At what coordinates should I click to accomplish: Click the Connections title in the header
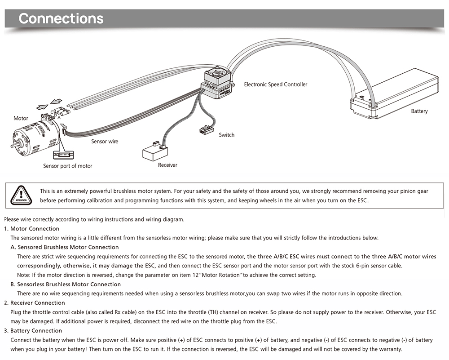coord(61,18)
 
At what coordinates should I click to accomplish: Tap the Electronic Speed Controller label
coord(275,84)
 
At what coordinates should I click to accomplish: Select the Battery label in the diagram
coord(419,111)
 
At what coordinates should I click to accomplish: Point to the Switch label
coord(226,135)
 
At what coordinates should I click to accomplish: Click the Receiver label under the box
coord(167,165)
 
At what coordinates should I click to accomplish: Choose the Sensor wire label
coord(105,142)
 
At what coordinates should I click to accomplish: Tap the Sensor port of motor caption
coord(67,166)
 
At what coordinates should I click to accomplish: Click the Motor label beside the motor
coord(21,119)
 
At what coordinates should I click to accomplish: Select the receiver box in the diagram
coord(154,152)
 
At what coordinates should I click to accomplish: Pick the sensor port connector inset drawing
coord(63,155)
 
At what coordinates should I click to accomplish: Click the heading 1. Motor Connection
coord(35,229)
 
